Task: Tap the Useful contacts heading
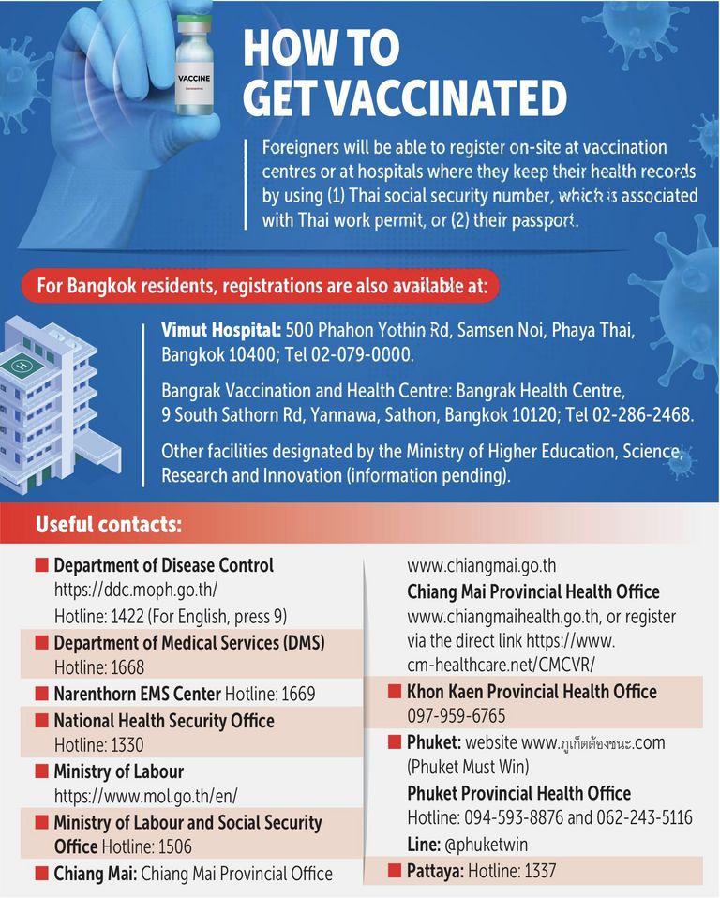109,524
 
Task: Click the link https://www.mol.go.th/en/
145,796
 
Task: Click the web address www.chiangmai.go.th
481,566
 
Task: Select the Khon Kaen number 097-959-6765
456,716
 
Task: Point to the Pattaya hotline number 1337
537,870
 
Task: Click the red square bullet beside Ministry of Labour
41,771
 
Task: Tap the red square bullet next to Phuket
395,742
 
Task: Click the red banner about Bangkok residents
262,286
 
